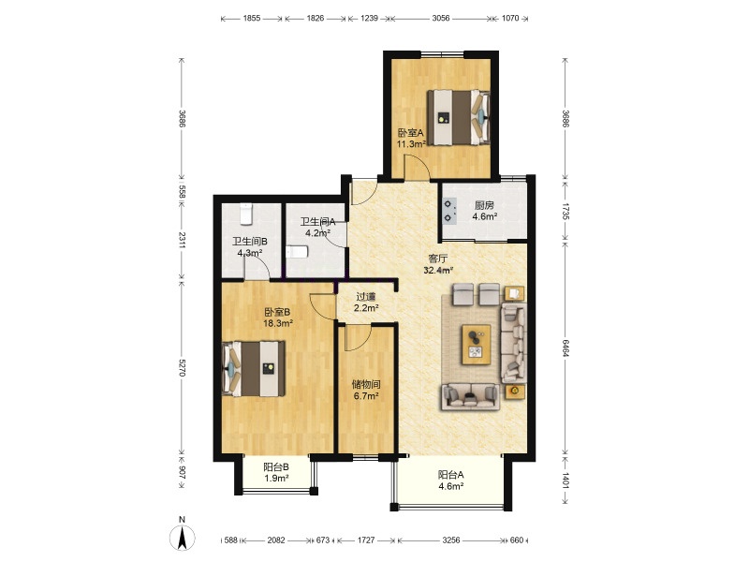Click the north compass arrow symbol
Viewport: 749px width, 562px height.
coord(182,538)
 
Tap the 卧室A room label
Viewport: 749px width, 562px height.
coord(411,133)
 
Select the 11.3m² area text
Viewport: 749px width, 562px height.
coord(411,144)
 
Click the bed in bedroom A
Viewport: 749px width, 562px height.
coord(459,117)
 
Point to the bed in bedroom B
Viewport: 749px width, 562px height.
coord(254,368)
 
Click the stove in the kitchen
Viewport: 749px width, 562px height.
coord(449,212)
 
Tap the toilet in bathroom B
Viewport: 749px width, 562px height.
coord(245,214)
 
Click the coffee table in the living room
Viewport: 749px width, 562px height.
coord(476,345)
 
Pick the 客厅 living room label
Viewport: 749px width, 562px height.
coord(438,259)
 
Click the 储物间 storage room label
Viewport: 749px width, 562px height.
coord(366,384)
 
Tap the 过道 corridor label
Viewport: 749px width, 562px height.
coord(366,297)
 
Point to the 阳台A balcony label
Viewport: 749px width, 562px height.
coord(451,475)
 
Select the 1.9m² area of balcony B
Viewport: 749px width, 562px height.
coord(276,479)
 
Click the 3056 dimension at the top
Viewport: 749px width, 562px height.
coord(440,18)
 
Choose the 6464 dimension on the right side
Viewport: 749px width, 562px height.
coord(565,348)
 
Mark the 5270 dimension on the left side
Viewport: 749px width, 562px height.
coord(182,367)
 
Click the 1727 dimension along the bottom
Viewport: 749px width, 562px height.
coord(366,540)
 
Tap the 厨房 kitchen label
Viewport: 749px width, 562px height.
coord(484,205)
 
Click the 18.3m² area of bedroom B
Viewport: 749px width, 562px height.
coord(278,323)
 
